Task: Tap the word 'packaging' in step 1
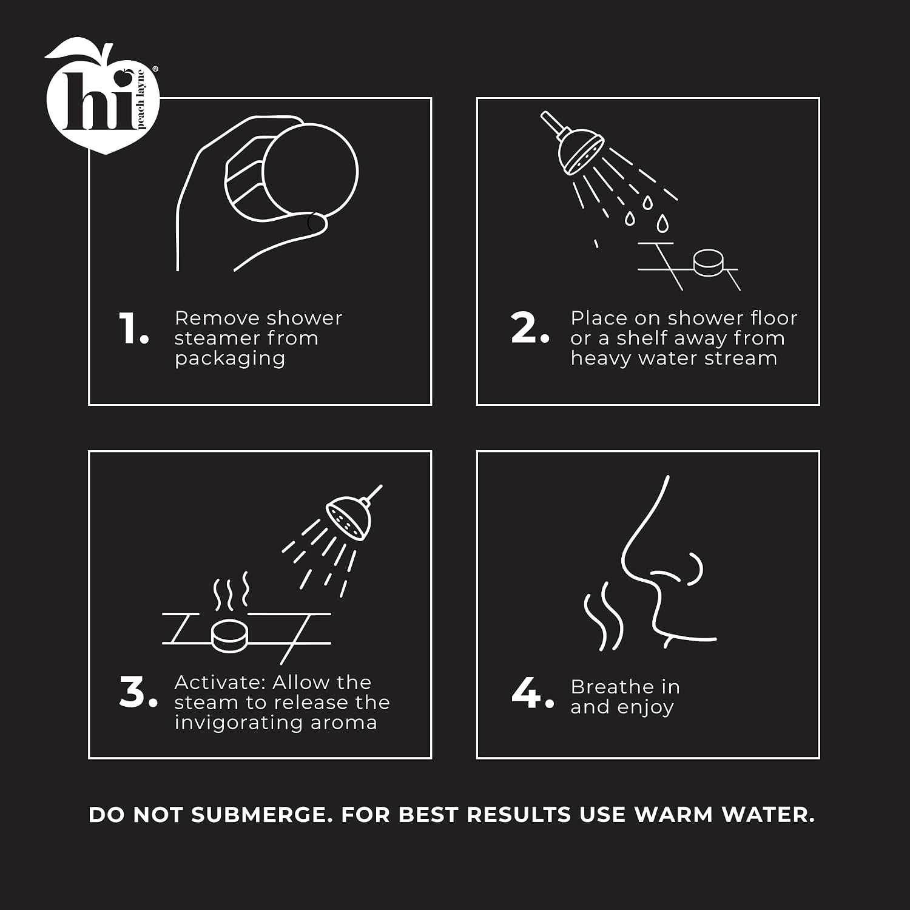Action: [x=230, y=359]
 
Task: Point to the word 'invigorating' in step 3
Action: [x=239, y=723]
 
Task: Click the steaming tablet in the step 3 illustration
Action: [x=230, y=635]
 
